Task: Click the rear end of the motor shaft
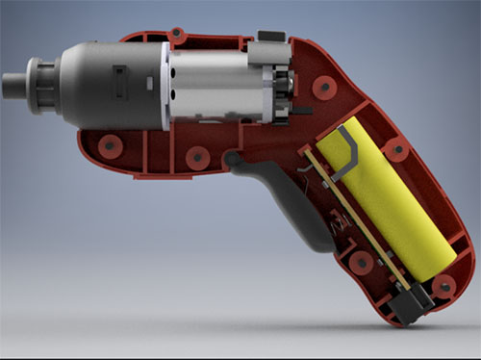point(289,89)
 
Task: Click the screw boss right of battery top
point(394,149)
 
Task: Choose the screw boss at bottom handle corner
point(443,286)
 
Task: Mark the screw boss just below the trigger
point(363,262)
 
